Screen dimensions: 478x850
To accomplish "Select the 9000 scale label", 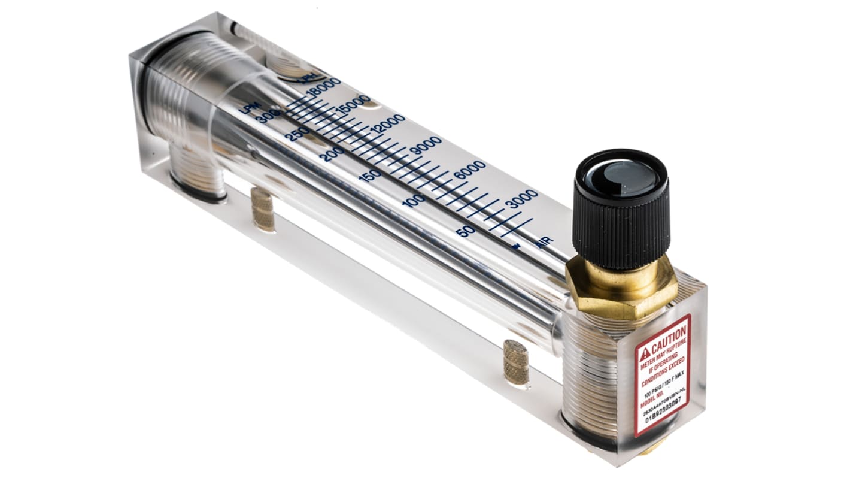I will (425, 146).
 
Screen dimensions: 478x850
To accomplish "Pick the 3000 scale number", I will (521, 198).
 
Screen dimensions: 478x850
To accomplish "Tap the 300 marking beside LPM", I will (268, 118).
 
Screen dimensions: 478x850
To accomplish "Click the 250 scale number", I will (297, 134).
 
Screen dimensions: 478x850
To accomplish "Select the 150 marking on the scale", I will (369, 176).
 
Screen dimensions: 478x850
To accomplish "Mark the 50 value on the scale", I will (466, 231).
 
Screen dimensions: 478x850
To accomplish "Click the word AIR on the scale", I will (544, 242).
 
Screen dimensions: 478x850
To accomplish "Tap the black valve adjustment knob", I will (621, 210).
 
